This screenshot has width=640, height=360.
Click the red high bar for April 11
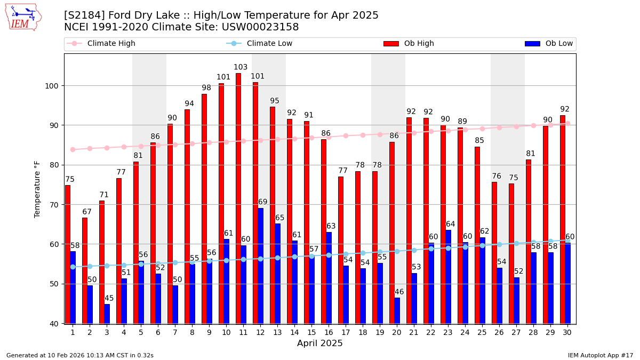pyautogui.click(x=238, y=197)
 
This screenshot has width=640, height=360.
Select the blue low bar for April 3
pyautogui.click(x=107, y=314)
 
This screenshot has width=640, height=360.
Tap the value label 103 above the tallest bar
pyautogui.click(x=241, y=67)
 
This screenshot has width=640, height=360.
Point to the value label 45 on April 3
pyautogui.click(x=109, y=298)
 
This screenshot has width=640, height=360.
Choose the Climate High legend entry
pyautogui.click(x=111, y=44)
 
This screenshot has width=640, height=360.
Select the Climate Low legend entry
pyautogui.click(x=269, y=44)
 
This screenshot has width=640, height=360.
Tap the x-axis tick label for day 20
pyautogui.click(x=397, y=332)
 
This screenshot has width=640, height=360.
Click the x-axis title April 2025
pyautogui.click(x=320, y=343)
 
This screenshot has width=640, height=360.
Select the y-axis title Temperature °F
pyautogui.click(x=37, y=189)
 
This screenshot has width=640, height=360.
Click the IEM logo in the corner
pyautogui.click(x=23, y=17)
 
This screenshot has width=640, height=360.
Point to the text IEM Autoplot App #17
pyautogui.click(x=600, y=355)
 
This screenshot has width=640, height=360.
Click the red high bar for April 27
pyautogui.click(x=511, y=253)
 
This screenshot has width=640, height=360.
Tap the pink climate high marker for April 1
pyautogui.click(x=73, y=149)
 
